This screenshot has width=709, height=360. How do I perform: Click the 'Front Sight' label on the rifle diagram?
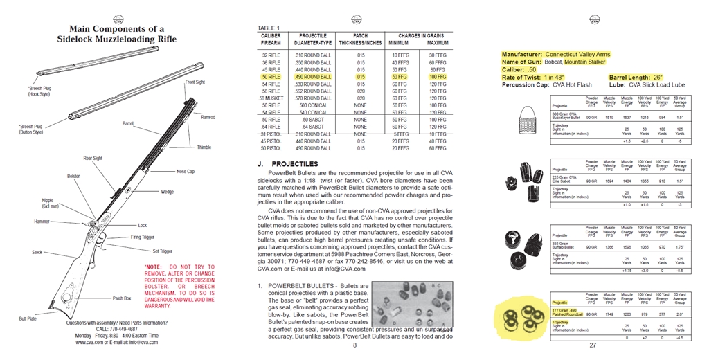click(x=195, y=82)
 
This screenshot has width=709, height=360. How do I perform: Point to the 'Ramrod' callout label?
click(x=208, y=117)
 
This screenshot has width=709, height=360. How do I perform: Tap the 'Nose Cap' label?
click(x=186, y=171)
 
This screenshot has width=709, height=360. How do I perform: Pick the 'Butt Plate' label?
click(x=28, y=318)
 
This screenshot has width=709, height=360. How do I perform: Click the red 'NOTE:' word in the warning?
click(x=153, y=267)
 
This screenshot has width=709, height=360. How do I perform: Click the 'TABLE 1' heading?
click(x=269, y=28)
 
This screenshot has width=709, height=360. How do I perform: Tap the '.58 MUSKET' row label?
click(x=270, y=98)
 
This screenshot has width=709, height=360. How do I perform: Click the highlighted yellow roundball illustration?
click(x=523, y=318)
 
